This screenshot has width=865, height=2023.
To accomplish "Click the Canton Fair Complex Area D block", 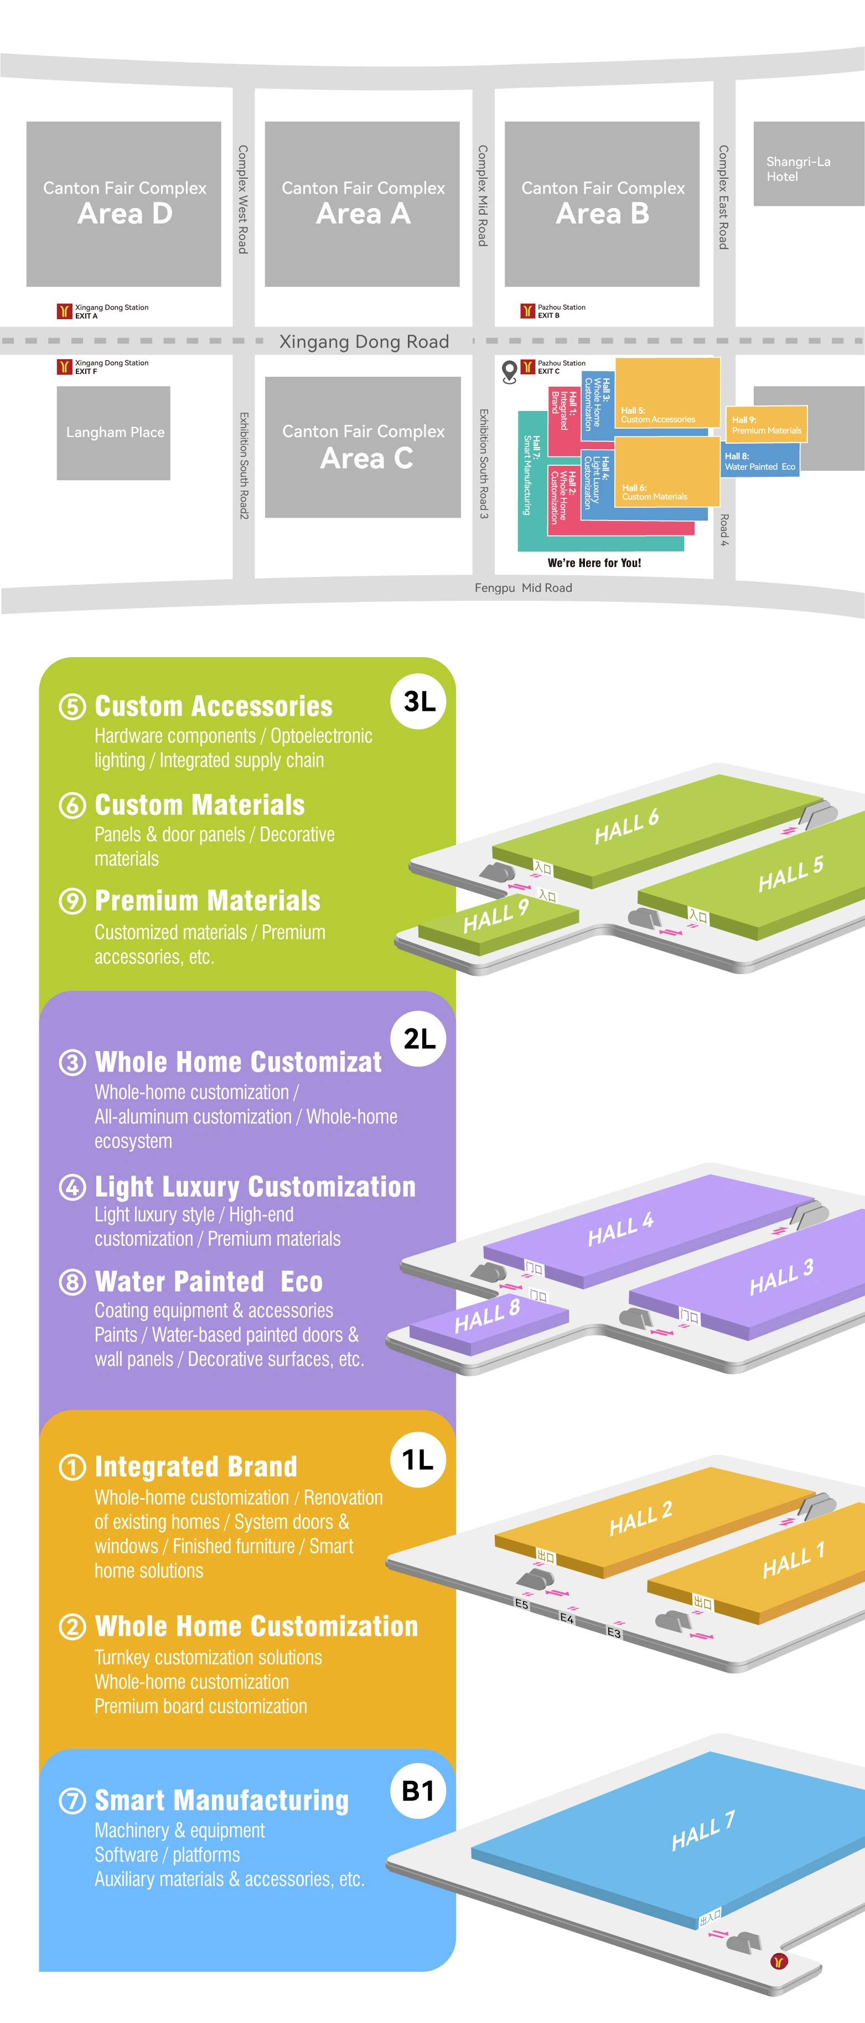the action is tap(123, 204).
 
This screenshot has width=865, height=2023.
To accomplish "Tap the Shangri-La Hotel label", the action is tap(798, 169).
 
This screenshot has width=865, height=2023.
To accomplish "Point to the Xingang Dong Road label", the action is tap(364, 342).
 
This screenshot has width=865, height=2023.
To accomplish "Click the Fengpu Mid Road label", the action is tap(523, 587).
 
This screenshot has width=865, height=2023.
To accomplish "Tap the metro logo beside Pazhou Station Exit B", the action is tap(527, 311).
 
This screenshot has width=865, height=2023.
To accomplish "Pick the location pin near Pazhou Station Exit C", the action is tap(509, 371).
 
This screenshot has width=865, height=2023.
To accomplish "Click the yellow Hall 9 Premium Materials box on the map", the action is tap(766, 425).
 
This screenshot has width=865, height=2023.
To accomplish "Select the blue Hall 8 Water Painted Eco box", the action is tap(760, 460).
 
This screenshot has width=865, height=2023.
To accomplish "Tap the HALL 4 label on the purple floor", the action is tap(620, 1229).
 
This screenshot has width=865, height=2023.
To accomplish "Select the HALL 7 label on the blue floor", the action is tap(704, 1830).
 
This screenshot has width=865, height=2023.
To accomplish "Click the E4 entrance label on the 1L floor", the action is tap(567, 1619).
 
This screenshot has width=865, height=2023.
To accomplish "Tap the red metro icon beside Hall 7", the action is tap(779, 1961).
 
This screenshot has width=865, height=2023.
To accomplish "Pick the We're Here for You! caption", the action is tap(594, 563).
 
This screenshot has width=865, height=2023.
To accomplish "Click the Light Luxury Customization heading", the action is tap(255, 1186).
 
